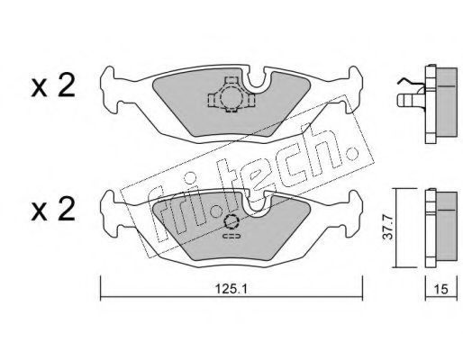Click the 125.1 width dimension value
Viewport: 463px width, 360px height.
[x=231, y=289]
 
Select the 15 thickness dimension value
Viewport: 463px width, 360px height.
[x=441, y=289]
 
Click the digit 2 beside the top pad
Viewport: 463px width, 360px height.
[x=66, y=85]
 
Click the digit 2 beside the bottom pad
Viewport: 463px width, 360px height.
[x=66, y=209]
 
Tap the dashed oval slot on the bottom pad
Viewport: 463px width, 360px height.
[x=231, y=236]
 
